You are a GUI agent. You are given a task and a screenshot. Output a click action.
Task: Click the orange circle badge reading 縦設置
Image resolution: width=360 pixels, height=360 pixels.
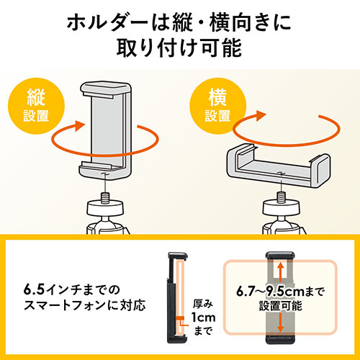tap(36, 106)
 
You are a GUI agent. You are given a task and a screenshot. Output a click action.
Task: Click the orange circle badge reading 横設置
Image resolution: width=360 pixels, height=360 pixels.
tap(217, 106)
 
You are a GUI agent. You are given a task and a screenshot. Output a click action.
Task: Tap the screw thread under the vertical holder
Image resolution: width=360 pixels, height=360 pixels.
tap(105, 198)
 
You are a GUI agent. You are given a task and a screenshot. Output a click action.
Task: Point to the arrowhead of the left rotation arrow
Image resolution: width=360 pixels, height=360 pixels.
tap(80, 125)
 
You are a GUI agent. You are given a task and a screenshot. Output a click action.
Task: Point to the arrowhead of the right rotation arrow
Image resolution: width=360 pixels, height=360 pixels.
tap(261, 115)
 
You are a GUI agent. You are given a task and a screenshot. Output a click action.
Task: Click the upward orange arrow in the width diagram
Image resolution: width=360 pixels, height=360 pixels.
tap(280, 271)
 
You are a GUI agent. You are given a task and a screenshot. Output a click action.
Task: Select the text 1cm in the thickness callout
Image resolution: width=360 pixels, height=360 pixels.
tap(204, 318)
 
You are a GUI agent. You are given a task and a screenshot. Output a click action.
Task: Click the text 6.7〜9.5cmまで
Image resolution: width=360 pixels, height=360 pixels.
tap(280, 292)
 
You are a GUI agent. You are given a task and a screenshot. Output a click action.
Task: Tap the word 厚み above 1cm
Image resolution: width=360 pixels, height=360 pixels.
tap(203, 304)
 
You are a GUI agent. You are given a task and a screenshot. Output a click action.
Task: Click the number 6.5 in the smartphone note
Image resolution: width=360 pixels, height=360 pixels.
tap(34, 290)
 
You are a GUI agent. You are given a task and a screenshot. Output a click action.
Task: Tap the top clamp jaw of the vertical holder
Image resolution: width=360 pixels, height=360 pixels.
tap(105, 89)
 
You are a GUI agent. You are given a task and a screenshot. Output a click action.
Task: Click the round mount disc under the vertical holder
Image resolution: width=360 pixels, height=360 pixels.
tap(105, 208)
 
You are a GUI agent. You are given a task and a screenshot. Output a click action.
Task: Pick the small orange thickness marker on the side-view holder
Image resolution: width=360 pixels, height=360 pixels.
tap(180, 318)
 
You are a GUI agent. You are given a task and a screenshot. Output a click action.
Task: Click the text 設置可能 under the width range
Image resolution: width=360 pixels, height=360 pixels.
tap(280, 306)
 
